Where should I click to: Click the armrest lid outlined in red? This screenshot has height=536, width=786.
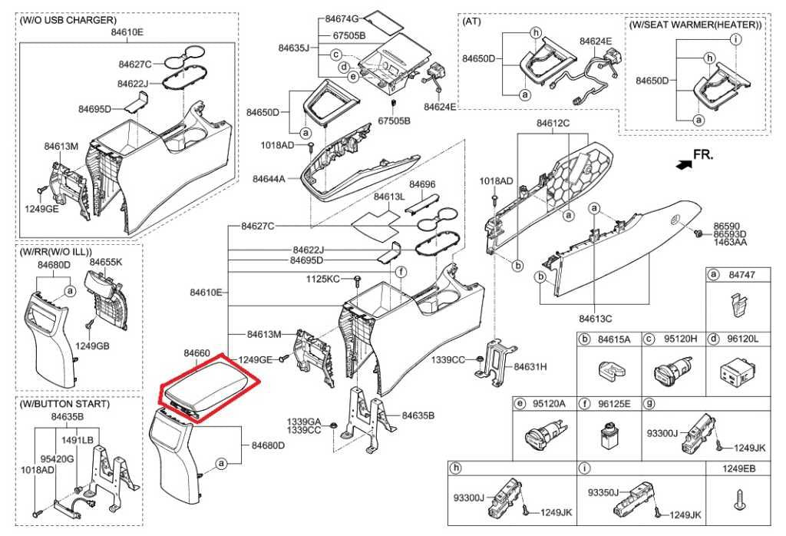pos(208,387)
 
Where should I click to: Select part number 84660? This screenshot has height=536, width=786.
pos(196,352)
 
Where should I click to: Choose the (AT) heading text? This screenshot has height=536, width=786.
pos(472,22)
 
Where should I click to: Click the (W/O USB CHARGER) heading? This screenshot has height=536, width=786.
pos(68,19)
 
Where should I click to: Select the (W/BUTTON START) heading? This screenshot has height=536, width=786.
pos(65,404)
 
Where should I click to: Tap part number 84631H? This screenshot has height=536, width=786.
pos(530,367)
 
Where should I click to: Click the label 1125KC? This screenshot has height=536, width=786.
pos(322,278)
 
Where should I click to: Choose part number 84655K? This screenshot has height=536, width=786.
pos(106,262)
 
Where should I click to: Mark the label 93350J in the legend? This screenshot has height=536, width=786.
pos(604,492)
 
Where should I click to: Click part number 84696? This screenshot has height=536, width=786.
pos(421,184)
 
